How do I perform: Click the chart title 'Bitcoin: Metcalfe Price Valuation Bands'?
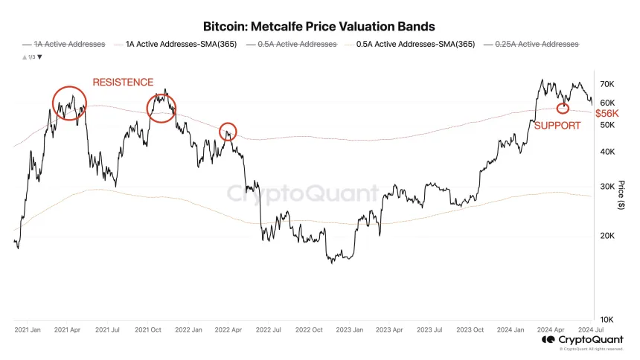pyautogui.click(x=319, y=27)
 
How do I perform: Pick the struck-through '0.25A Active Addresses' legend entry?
pyautogui.click(x=535, y=45)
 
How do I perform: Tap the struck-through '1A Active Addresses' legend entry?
pyautogui.click(x=68, y=45)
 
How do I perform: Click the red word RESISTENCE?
pyautogui.click(x=123, y=82)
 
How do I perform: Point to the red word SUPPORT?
pyautogui.click(x=557, y=126)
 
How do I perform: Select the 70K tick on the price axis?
pyautogui.click(x=607, y=84)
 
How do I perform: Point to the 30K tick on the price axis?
pyautogui.click(x=607, y=187)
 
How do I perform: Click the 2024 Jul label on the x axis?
pyautogui.click(x=592, y=329)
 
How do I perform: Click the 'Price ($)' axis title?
pyautogui.click(x=621, y=195)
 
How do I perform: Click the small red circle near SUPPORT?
pyautogui.click(x=563, y=108)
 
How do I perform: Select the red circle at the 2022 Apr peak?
pyautogui.click(x=228, y=132)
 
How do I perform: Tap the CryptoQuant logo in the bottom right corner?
pyautogui.click(x=583, y=340)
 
